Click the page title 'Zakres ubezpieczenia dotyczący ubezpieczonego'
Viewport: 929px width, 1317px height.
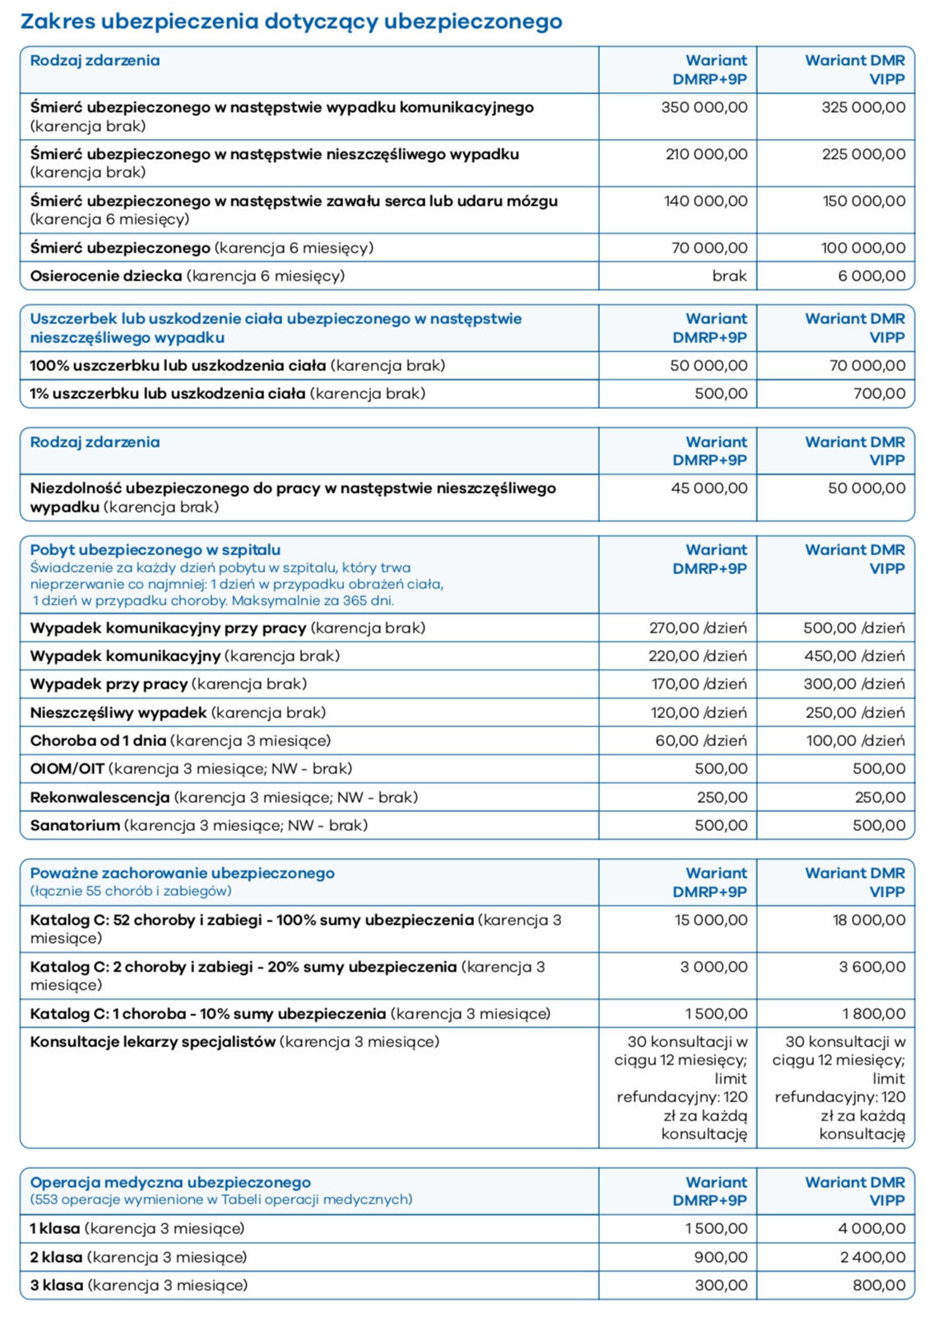(291, 21)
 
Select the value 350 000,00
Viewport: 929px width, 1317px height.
(704, 107)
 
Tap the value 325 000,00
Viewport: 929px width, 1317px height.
(862, 107)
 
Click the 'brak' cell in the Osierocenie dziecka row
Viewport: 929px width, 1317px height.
(729, 276)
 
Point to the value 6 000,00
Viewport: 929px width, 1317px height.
(871, 276)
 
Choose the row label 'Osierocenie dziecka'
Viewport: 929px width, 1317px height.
(106, 276)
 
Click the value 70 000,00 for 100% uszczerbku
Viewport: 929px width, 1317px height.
(866, 365)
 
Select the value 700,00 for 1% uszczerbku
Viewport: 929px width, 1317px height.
(879, 393)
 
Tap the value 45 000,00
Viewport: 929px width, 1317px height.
(708, 488)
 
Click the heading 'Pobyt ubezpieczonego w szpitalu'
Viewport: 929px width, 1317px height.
(156, 550)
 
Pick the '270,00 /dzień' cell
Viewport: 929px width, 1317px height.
(698, 628)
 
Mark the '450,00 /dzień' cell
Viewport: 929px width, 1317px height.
(854, 656)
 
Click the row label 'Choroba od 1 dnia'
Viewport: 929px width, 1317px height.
(98, 740)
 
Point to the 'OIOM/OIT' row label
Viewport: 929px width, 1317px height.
(67, 768)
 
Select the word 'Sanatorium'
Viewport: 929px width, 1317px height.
(75, 825)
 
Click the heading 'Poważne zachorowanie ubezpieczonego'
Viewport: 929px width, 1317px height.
(183, 873)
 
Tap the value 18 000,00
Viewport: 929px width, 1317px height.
(868, 920)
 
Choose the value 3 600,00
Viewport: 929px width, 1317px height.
(871, 967)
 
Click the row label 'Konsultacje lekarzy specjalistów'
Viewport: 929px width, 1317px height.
(153, 1041)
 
